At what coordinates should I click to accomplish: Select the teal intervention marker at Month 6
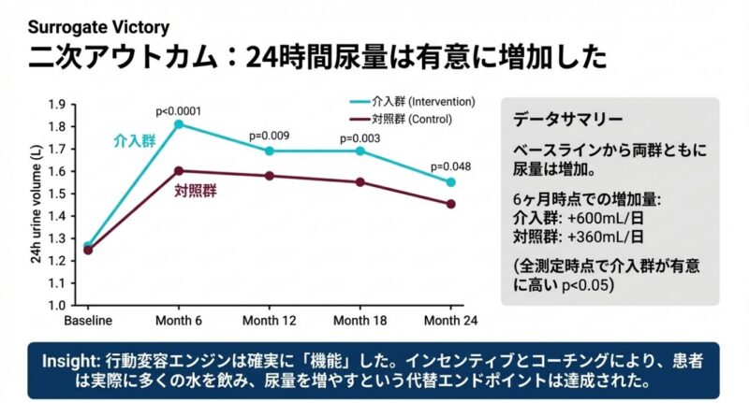click(178, 124)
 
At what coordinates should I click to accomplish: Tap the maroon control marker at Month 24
click(451, 204)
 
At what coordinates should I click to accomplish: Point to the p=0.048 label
click(450, 167)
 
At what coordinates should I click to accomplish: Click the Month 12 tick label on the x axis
click(269, 321)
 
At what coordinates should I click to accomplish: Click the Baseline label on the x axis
click(88, 321)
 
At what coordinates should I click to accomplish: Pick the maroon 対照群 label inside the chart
click(196, 191)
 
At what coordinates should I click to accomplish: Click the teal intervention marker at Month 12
click(269, 151)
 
